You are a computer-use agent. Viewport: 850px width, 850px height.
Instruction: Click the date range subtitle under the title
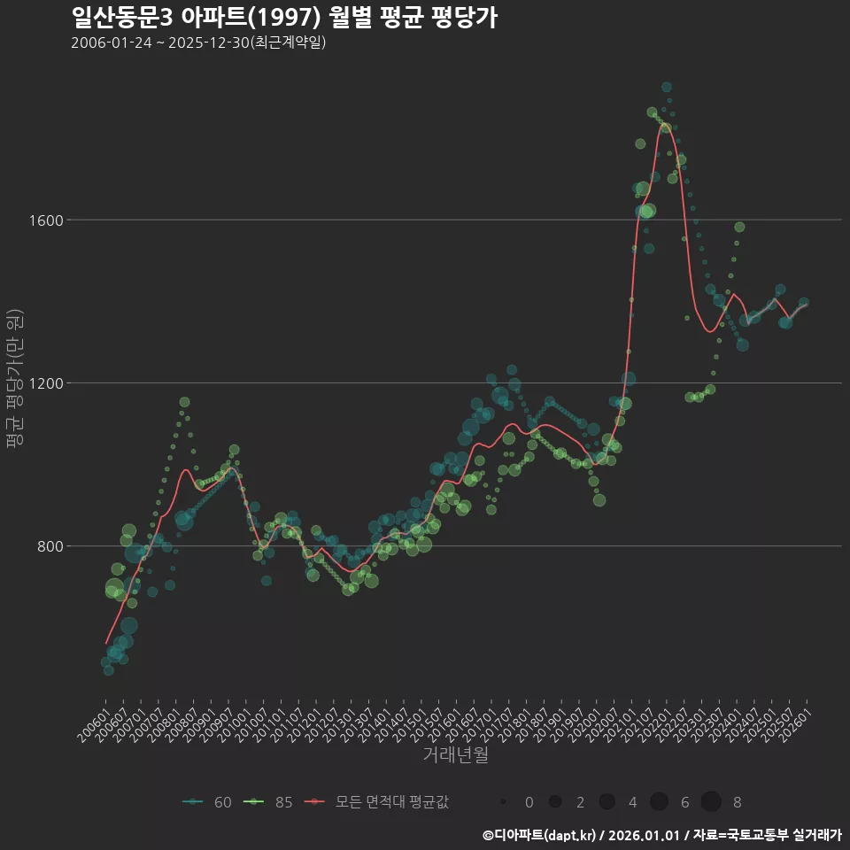click(198, 42)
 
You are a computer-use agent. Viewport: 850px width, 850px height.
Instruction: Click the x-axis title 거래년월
click(455, 755)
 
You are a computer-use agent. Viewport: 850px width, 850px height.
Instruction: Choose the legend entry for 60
click(209, 802)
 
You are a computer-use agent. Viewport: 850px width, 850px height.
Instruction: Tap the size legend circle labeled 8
click(711, 802)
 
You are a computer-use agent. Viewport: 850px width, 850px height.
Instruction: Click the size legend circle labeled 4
click(607, 802)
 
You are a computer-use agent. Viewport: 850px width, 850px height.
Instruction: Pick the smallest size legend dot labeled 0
click(503, 802)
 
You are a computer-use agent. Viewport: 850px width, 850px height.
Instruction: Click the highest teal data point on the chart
click(667, 87)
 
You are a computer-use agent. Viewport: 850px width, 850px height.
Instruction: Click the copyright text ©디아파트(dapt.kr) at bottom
click(540, 835)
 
